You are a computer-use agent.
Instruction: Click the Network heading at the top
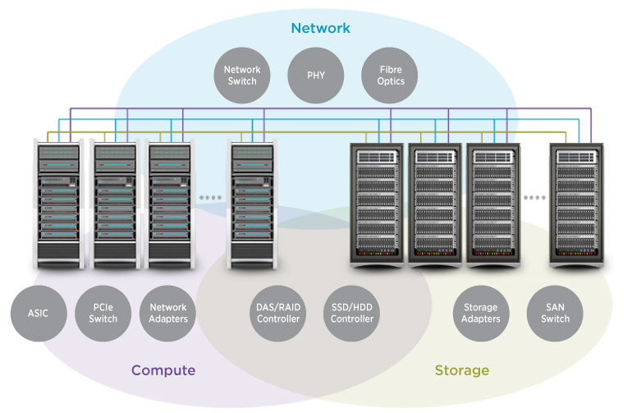[320, 29]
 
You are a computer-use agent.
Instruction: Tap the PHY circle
[316, 76]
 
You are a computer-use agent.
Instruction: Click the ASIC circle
[39, 313]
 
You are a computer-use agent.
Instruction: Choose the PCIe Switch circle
[103, 313]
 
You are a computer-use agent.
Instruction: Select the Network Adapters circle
[167, 313]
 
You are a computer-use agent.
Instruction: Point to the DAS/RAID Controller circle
[277, 313]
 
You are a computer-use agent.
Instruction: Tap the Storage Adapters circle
[480, 313]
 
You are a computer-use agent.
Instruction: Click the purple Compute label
[163, 370]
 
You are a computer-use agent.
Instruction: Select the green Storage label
[461, 370]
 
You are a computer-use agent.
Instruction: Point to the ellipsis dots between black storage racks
[535, 198]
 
